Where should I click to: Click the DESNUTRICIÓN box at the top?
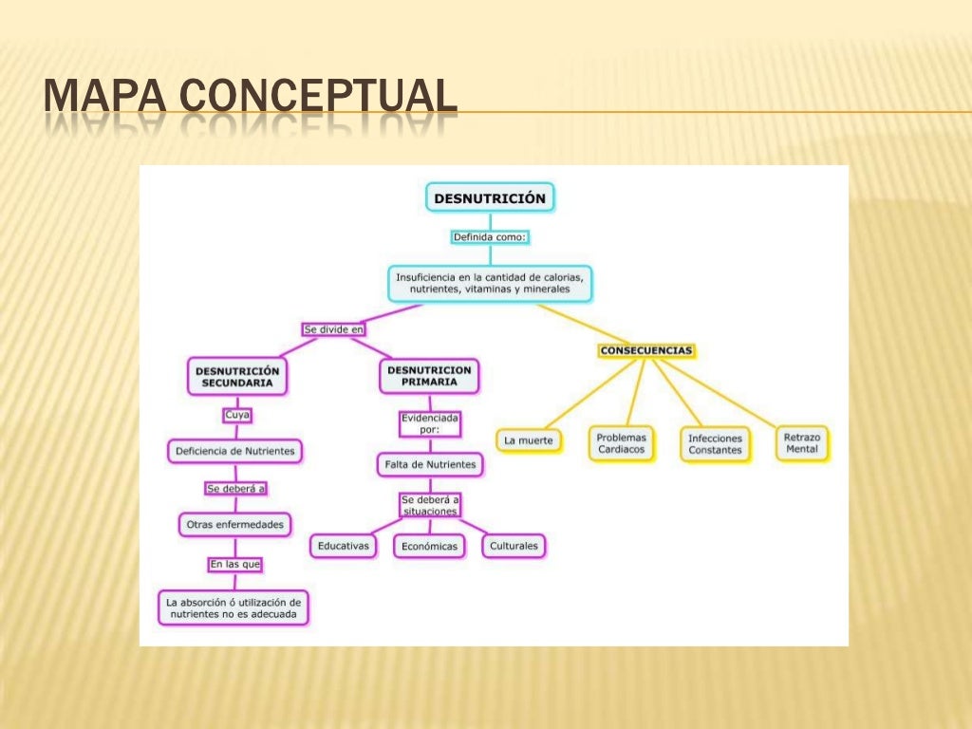coord(490,198)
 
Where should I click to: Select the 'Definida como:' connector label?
coord(490,236)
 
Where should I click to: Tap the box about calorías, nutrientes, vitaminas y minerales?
coord(490,283)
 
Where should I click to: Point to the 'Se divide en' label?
coord(333,329)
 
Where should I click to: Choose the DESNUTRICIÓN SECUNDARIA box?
coord(237,377)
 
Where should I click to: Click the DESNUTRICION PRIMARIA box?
coord(429,376)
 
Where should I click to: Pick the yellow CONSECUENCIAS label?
coord(646,350)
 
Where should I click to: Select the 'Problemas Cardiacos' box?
coord(622,443)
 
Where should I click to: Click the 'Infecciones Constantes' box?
coord(715,444)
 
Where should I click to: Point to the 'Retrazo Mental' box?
coord(802,442)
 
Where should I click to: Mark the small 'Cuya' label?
coord(237,415)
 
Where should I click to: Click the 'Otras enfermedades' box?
coord(235,524)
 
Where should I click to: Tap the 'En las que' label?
coord(235,564)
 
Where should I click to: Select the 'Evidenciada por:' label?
coord(429,423)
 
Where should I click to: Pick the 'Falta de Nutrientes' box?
coord(429,464)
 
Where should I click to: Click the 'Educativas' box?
coord(344,546)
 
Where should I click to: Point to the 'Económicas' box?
coord(429,547)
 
